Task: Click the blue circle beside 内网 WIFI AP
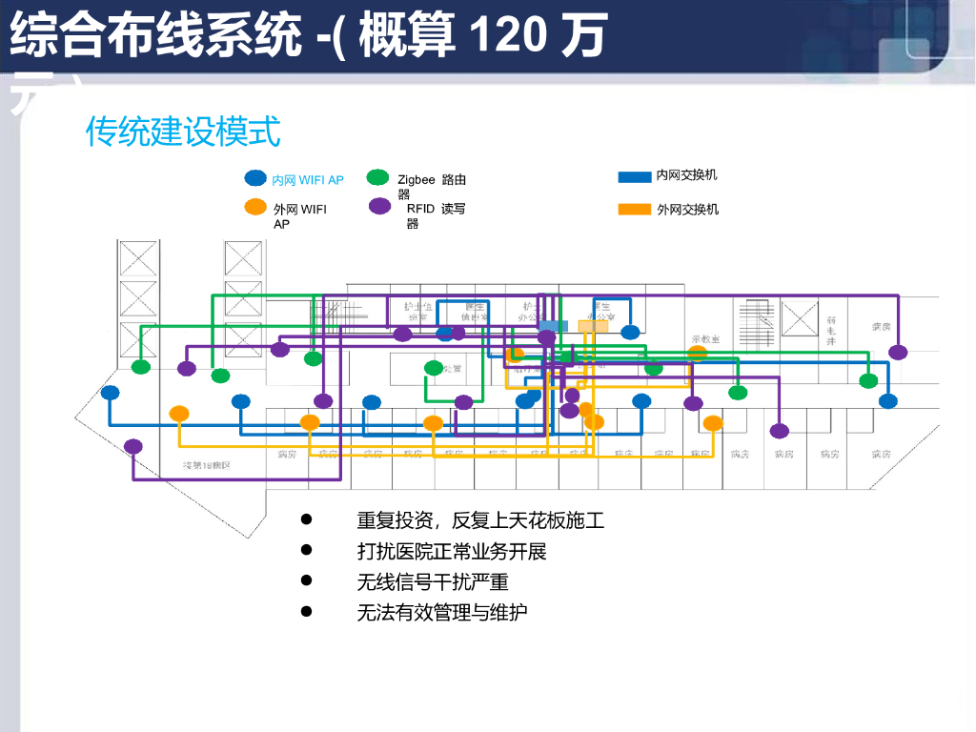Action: click(255, 178)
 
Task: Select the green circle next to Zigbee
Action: click(378, 178)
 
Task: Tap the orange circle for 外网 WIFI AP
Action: click(255, 207)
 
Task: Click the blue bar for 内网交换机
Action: click(635, 176)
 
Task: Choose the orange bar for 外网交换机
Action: click(635, 209)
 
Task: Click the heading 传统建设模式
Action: click(183, 132)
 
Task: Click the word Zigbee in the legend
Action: click(417, 179)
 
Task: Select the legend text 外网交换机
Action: click(687, 209)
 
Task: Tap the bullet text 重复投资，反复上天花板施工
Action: click(480, 520)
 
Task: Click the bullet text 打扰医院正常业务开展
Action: click(452, 551)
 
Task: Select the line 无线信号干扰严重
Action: click(433, 581)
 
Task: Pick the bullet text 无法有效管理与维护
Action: click(442, 612)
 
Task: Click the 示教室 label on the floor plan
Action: click(705, 339)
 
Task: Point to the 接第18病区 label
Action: click(207, 465)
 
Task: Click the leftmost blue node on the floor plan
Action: click(111, 393)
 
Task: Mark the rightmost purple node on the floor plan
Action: click(898, 353)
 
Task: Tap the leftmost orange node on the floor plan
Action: click(179, 414)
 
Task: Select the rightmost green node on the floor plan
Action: click(868, 381)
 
